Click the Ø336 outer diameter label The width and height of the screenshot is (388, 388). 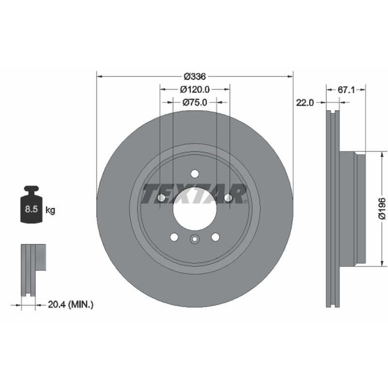(195, 77)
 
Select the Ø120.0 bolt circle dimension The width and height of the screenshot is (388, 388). (195, 89)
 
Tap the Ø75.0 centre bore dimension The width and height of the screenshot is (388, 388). (195, 102)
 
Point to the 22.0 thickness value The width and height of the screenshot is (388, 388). (305, 102)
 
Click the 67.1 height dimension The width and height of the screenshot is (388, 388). (346, 90)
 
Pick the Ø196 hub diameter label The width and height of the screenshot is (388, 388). (382, 209)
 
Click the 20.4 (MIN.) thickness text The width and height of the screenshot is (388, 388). (71, 305)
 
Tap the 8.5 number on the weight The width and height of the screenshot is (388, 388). (31, 209)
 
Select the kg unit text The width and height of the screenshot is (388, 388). (50, 210)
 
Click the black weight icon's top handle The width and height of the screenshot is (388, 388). (31, 189)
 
